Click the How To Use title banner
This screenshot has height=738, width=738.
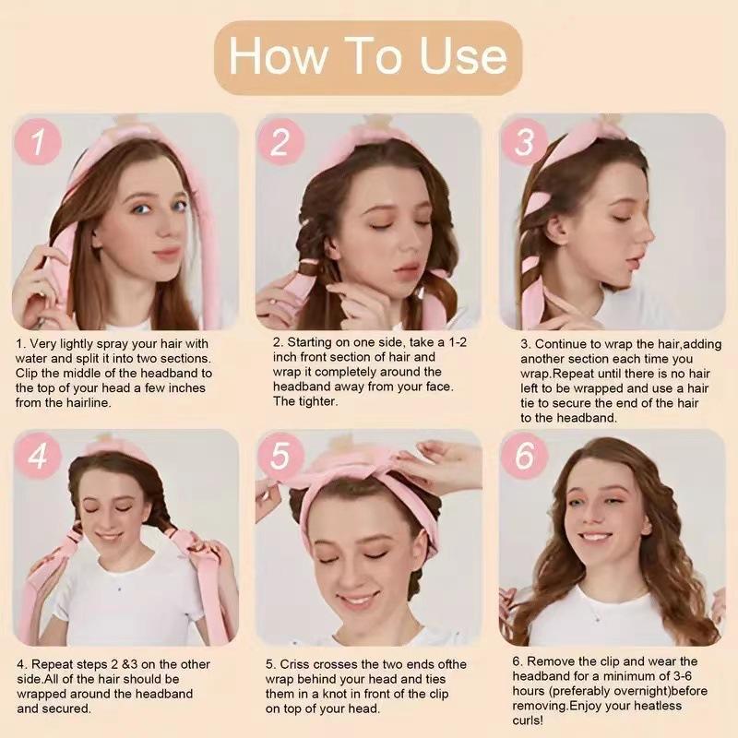(368, 57)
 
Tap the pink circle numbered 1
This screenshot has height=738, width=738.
(38, 141)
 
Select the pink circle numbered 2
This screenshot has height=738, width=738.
(280, 141)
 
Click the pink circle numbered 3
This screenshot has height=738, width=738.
(524, 141)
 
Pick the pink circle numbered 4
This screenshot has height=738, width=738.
(38, 456)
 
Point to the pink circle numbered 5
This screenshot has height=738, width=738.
(280, 456)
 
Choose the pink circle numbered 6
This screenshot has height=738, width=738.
(524, 456)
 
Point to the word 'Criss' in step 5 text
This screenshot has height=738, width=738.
(294, 664)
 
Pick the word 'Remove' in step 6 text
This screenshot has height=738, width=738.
(553, 661)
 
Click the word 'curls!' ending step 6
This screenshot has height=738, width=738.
(528, 720)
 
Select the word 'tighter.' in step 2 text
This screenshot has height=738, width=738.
(317, 401)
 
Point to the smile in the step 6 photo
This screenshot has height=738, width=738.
(597, 537)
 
